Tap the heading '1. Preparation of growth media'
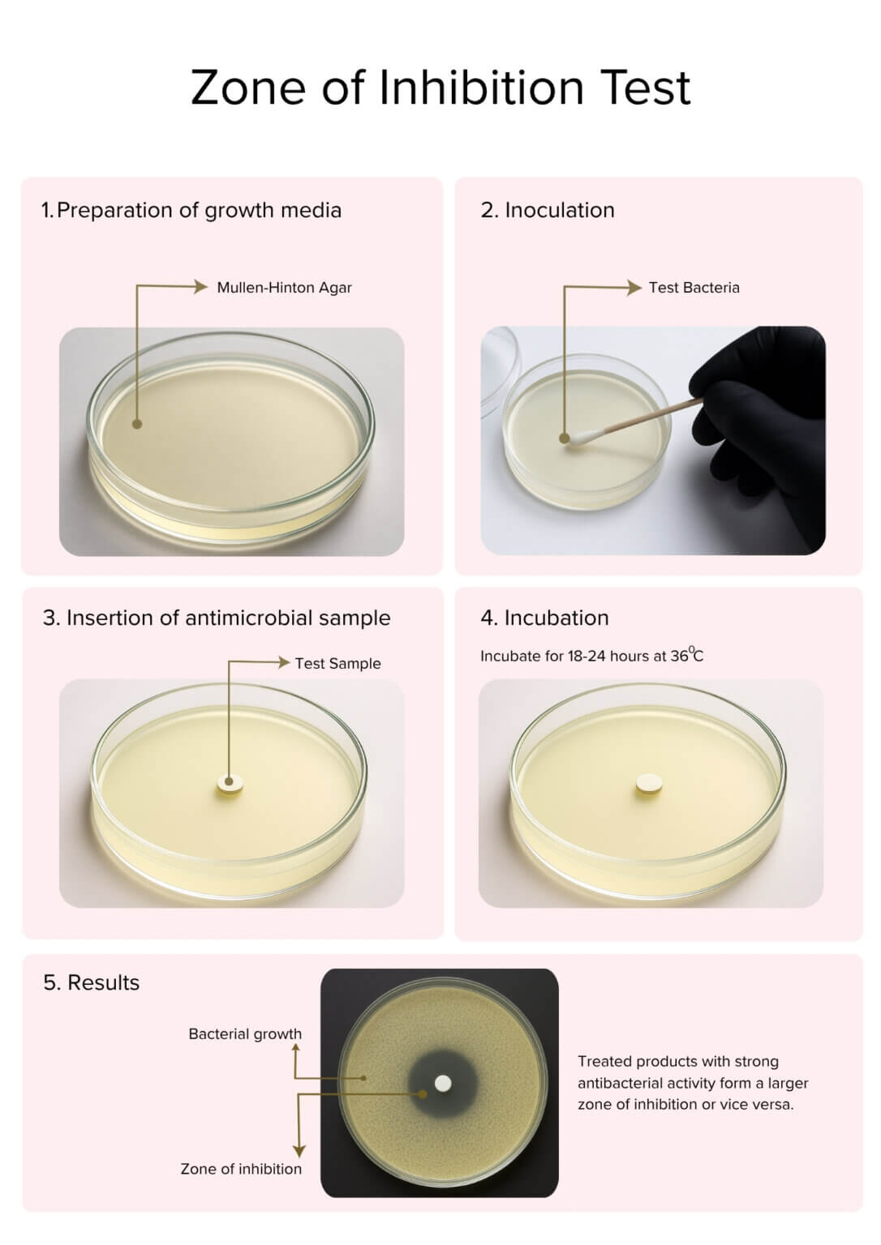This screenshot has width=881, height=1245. coord(191,211)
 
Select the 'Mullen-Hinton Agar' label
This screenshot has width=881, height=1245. coord(284,288)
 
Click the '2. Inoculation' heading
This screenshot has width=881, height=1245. coord(548,211)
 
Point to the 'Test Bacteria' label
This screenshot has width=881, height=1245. coord(694,288)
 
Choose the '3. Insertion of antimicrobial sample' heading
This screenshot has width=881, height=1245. coord(217,618)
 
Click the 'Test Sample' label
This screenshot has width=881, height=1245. coord(337,664)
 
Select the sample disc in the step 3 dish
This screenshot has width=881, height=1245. coord(230,785)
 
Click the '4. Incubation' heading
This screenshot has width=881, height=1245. coord(544,618)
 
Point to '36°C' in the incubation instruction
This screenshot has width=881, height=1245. coord(687,656)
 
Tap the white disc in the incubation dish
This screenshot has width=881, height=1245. coord(649,783)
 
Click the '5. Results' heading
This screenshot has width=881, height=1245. coord(92,983)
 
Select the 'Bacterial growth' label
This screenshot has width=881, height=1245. coord(245,1034)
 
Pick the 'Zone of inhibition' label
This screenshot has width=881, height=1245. coord(241,1169)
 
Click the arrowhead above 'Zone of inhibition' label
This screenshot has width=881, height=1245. coord(299,1151)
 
